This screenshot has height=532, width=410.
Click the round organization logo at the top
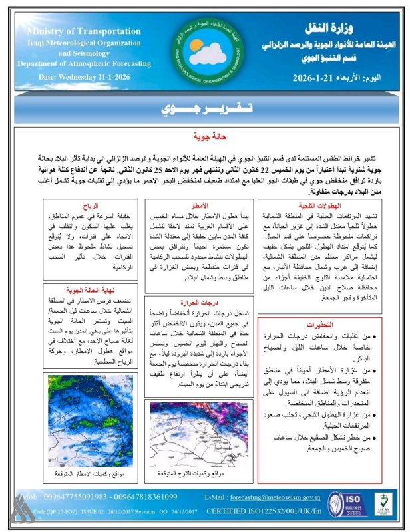(202, 50)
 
